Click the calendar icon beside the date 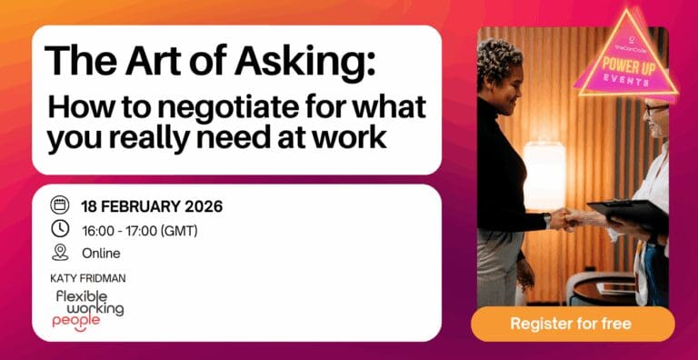pyautogui.click(x=60, y=205)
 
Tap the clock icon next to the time pyautogui.click(x=60, y=229)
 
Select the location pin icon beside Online pyautogui.click(x=60, y=252)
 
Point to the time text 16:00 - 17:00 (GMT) pyautogui.click(x=141, y=229)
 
